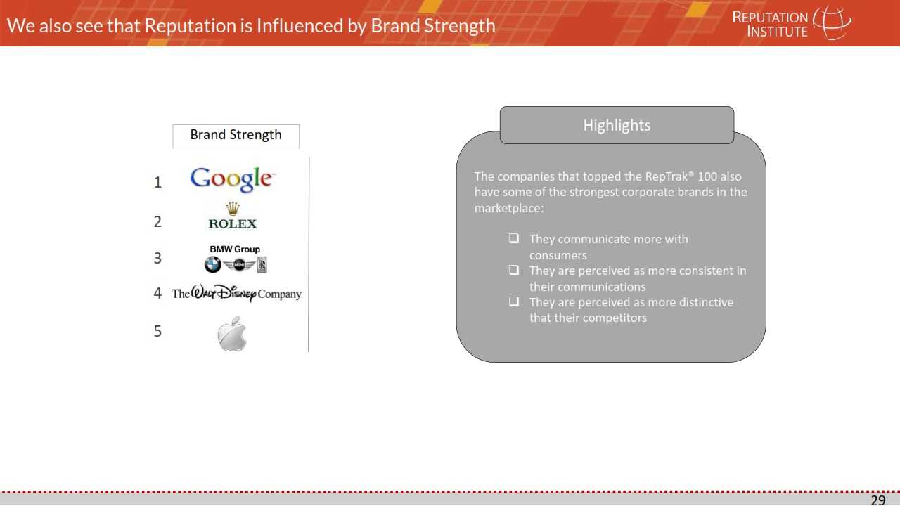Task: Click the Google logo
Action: (233, 179)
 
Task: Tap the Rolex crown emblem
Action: (233, 209)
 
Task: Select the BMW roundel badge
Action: (212, 265)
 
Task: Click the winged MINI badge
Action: (239, 265)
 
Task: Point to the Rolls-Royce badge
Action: (262, 265)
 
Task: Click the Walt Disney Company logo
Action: (237, 293)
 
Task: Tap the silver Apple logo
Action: (232, 334)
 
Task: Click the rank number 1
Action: (158, 183)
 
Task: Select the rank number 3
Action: (157, 258)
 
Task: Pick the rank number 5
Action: (157, 331)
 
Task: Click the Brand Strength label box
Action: (236, 136)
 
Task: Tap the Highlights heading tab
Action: (617, 125)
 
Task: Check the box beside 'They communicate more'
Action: (513, 238)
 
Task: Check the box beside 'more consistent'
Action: (513, 269)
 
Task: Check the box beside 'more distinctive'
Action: (513, 301)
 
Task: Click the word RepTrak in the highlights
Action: (668, 176)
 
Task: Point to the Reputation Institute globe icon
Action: (832, 22)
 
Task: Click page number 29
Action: (878, 500)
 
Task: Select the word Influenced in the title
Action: (300, 26)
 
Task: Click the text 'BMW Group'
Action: (235, 249)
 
